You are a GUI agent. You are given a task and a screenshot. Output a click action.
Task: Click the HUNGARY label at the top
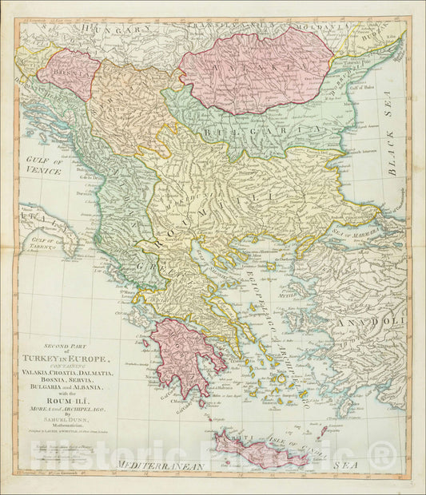tap(124, 30)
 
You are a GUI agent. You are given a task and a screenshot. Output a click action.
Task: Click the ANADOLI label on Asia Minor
tap(383, 323)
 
